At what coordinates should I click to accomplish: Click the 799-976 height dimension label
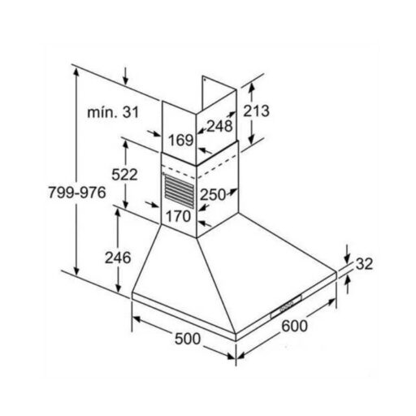point(77,193)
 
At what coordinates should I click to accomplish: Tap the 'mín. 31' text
point(113,112)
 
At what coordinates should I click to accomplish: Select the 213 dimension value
point(256,110)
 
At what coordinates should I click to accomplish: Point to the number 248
point(219,126)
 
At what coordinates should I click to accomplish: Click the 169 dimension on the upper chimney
point(181,141)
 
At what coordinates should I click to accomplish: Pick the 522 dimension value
point(124,175)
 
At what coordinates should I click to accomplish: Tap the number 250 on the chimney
point(213,195)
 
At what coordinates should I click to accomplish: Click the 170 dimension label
point(178,216)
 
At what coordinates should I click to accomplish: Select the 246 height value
point(118,258)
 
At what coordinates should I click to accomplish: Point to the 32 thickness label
point(364,263)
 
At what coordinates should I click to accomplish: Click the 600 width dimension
point(294,326)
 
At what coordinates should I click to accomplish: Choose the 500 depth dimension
point(188,339)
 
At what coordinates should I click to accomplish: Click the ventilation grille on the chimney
point(179,191)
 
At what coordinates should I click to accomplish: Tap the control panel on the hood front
point(286,307)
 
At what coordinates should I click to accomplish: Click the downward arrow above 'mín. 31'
point(125,76)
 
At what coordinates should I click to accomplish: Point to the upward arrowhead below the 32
point(348,281)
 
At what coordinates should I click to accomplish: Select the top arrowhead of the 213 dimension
point(252,87)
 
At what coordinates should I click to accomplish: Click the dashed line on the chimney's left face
point(179,172)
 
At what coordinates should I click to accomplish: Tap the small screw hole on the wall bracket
point(205,80)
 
